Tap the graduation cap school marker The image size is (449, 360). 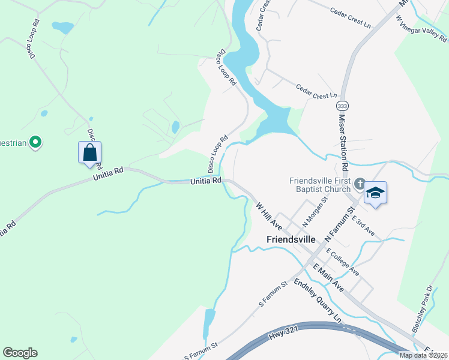coord(375,193)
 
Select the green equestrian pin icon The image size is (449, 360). coord(35,142)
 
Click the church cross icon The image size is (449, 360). coord(360,184)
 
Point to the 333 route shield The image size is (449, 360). coord(343,106)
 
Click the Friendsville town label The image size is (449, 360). coord(291,239)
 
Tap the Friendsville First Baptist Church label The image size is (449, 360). coord(319,185)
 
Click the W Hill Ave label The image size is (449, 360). coord(268,216)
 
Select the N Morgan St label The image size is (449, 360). coord(314,212)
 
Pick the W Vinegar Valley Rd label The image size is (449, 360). coord(422,29)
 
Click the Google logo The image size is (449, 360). coord(20,353)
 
